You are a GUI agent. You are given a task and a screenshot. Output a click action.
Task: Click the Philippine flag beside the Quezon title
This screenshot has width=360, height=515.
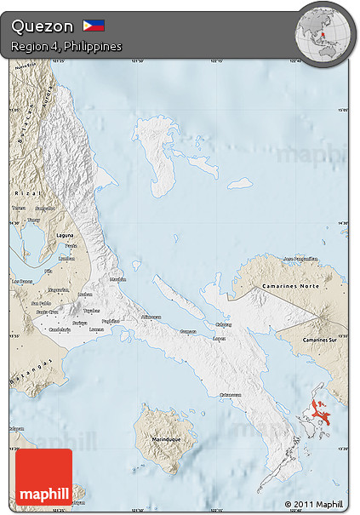[x=93, y=26]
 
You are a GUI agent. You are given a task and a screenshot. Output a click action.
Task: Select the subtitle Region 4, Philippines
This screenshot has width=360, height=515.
[x=66, y=46]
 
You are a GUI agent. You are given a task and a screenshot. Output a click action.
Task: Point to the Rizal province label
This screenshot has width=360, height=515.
[x=24, y=192]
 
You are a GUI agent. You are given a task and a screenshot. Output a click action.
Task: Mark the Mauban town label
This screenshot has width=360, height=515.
[x=117, y=278]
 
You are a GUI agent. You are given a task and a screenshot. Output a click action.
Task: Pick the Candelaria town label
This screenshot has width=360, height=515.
[x=59, y=329]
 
